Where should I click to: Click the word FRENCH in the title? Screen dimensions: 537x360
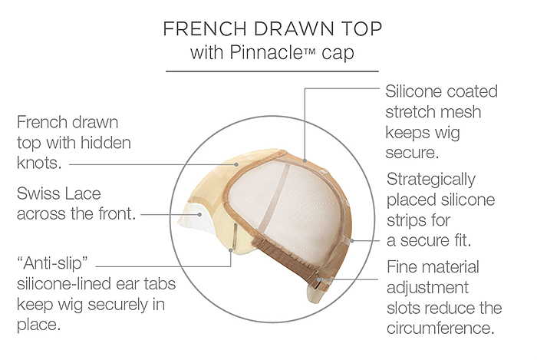click(205, 28)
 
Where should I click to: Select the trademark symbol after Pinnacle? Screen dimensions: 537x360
click(308, 51)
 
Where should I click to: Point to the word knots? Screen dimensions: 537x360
click(39, 163)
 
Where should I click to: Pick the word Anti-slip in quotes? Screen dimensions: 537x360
click(52, 263)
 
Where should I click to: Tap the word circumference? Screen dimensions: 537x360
click(441, 329)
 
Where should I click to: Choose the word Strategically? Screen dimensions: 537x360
click(431, 180)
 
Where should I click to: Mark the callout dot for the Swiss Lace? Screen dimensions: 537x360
click(199, 215)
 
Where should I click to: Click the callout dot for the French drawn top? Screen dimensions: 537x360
click(236, 164)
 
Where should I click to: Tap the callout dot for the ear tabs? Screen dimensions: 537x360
click(231, 250)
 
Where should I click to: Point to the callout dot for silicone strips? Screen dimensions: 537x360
click(352, 241)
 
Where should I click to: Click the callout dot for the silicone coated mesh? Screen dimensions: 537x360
click(305, 160)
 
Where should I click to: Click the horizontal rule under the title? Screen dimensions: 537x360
click(272, 71)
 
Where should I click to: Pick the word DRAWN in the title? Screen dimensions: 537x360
click(294, 28)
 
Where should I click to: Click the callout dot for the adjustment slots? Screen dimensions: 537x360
click(319, 279)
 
